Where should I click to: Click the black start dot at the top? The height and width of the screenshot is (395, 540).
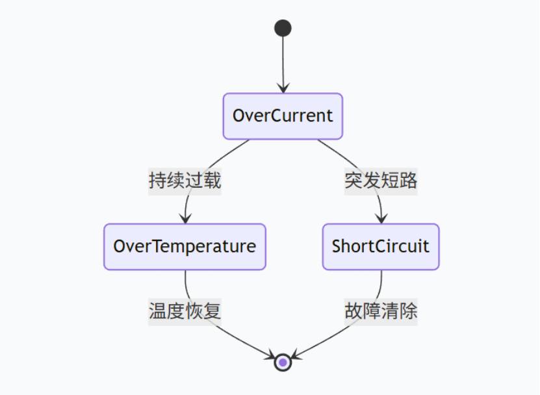[283, 28]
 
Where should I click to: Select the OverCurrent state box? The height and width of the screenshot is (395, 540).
[283, 116]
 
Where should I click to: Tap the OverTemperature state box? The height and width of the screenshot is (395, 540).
[185, 247]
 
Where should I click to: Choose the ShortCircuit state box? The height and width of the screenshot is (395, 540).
[381, 247]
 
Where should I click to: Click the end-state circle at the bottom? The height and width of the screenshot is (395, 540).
[283, 362]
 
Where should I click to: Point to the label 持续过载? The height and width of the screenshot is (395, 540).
[185, 181]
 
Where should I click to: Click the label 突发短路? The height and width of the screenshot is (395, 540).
[381, 181]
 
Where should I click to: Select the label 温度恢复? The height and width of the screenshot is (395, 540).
[185, 311]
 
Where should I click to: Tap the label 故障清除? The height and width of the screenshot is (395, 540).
[381, 311]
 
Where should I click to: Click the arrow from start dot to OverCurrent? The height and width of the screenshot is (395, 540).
[283, 62]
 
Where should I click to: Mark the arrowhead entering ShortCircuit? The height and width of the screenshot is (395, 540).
[381, 220]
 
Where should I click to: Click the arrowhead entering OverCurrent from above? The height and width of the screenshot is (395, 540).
[283, 89]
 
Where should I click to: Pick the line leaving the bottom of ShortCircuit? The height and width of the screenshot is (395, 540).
[381, 283]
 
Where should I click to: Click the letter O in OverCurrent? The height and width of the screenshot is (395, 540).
[238, 116]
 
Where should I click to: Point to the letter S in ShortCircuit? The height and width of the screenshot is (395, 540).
[337, 247]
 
